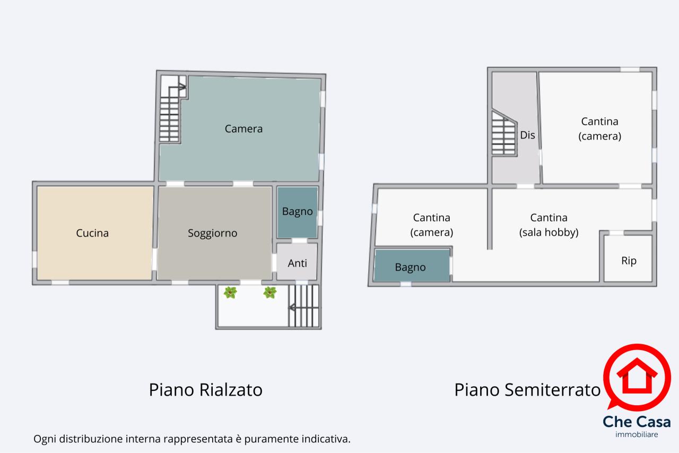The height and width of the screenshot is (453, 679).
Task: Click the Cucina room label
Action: click(92, 233)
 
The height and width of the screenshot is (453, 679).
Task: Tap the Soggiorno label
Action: click(212, 233)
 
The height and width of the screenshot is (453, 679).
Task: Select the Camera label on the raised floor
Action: click(243, 129)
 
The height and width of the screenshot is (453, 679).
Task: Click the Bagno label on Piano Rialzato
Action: click(297, 212)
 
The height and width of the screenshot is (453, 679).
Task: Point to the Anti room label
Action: click(297, 263)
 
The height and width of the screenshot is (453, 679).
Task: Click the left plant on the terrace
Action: click(230, 293)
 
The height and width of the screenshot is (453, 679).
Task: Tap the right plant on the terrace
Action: click(269, 293)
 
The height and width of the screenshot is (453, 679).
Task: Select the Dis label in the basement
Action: click(527, 135)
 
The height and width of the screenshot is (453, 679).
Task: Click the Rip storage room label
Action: click(629, 261)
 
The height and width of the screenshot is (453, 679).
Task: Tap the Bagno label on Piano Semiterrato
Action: click(410, 267)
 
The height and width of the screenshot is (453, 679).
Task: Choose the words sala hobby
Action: click(549, 232)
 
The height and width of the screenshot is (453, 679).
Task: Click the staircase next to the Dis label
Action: click(504, 134)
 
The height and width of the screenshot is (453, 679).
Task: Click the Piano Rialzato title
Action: click(205, 390)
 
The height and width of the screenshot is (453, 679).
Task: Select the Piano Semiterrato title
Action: click(527, 390)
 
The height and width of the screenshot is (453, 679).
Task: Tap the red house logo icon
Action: click(637, 377)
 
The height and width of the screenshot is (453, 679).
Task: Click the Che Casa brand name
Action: click(637, 422)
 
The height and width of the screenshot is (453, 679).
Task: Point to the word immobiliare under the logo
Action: click(637, 434)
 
